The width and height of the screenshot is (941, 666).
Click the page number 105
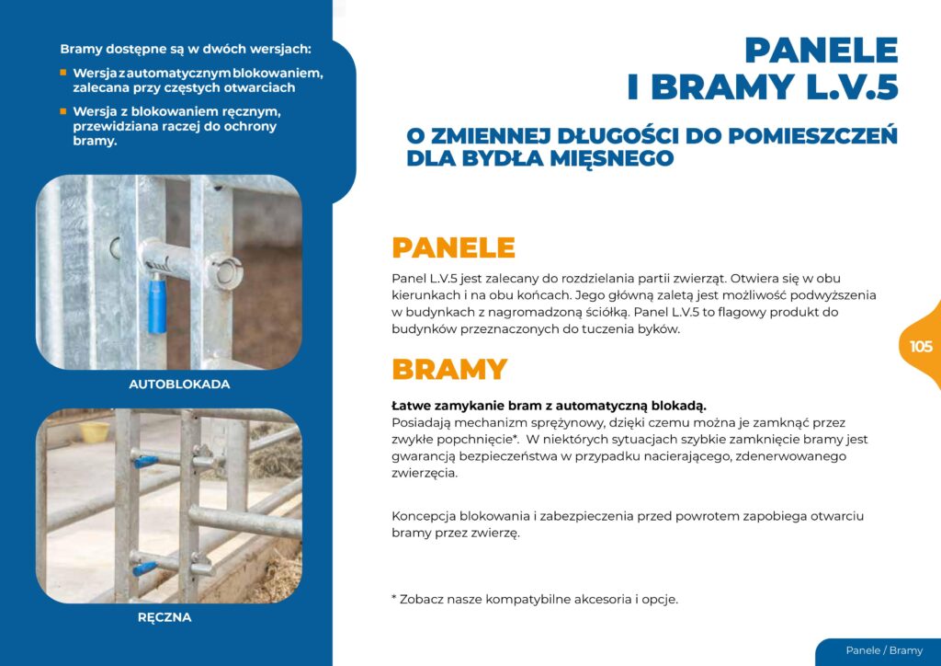921,347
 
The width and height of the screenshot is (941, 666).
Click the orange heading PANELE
453,247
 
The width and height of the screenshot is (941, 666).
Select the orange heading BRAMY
449,369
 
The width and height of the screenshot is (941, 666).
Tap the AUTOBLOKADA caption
179,384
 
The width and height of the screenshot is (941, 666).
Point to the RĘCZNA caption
164,617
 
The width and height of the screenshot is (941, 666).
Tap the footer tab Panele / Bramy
884,650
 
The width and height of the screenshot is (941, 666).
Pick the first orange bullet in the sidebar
63,72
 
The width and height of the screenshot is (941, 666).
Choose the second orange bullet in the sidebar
63,110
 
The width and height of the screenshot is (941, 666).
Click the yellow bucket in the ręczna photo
95,431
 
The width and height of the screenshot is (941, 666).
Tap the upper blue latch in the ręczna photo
146,458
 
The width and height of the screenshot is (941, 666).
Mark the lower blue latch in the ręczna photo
146,568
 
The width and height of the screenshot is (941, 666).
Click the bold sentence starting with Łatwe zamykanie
549,406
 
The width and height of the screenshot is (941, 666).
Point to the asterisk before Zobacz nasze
394,599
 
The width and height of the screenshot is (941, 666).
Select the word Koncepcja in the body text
424,516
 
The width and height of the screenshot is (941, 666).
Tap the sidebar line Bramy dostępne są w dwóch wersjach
186,48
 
